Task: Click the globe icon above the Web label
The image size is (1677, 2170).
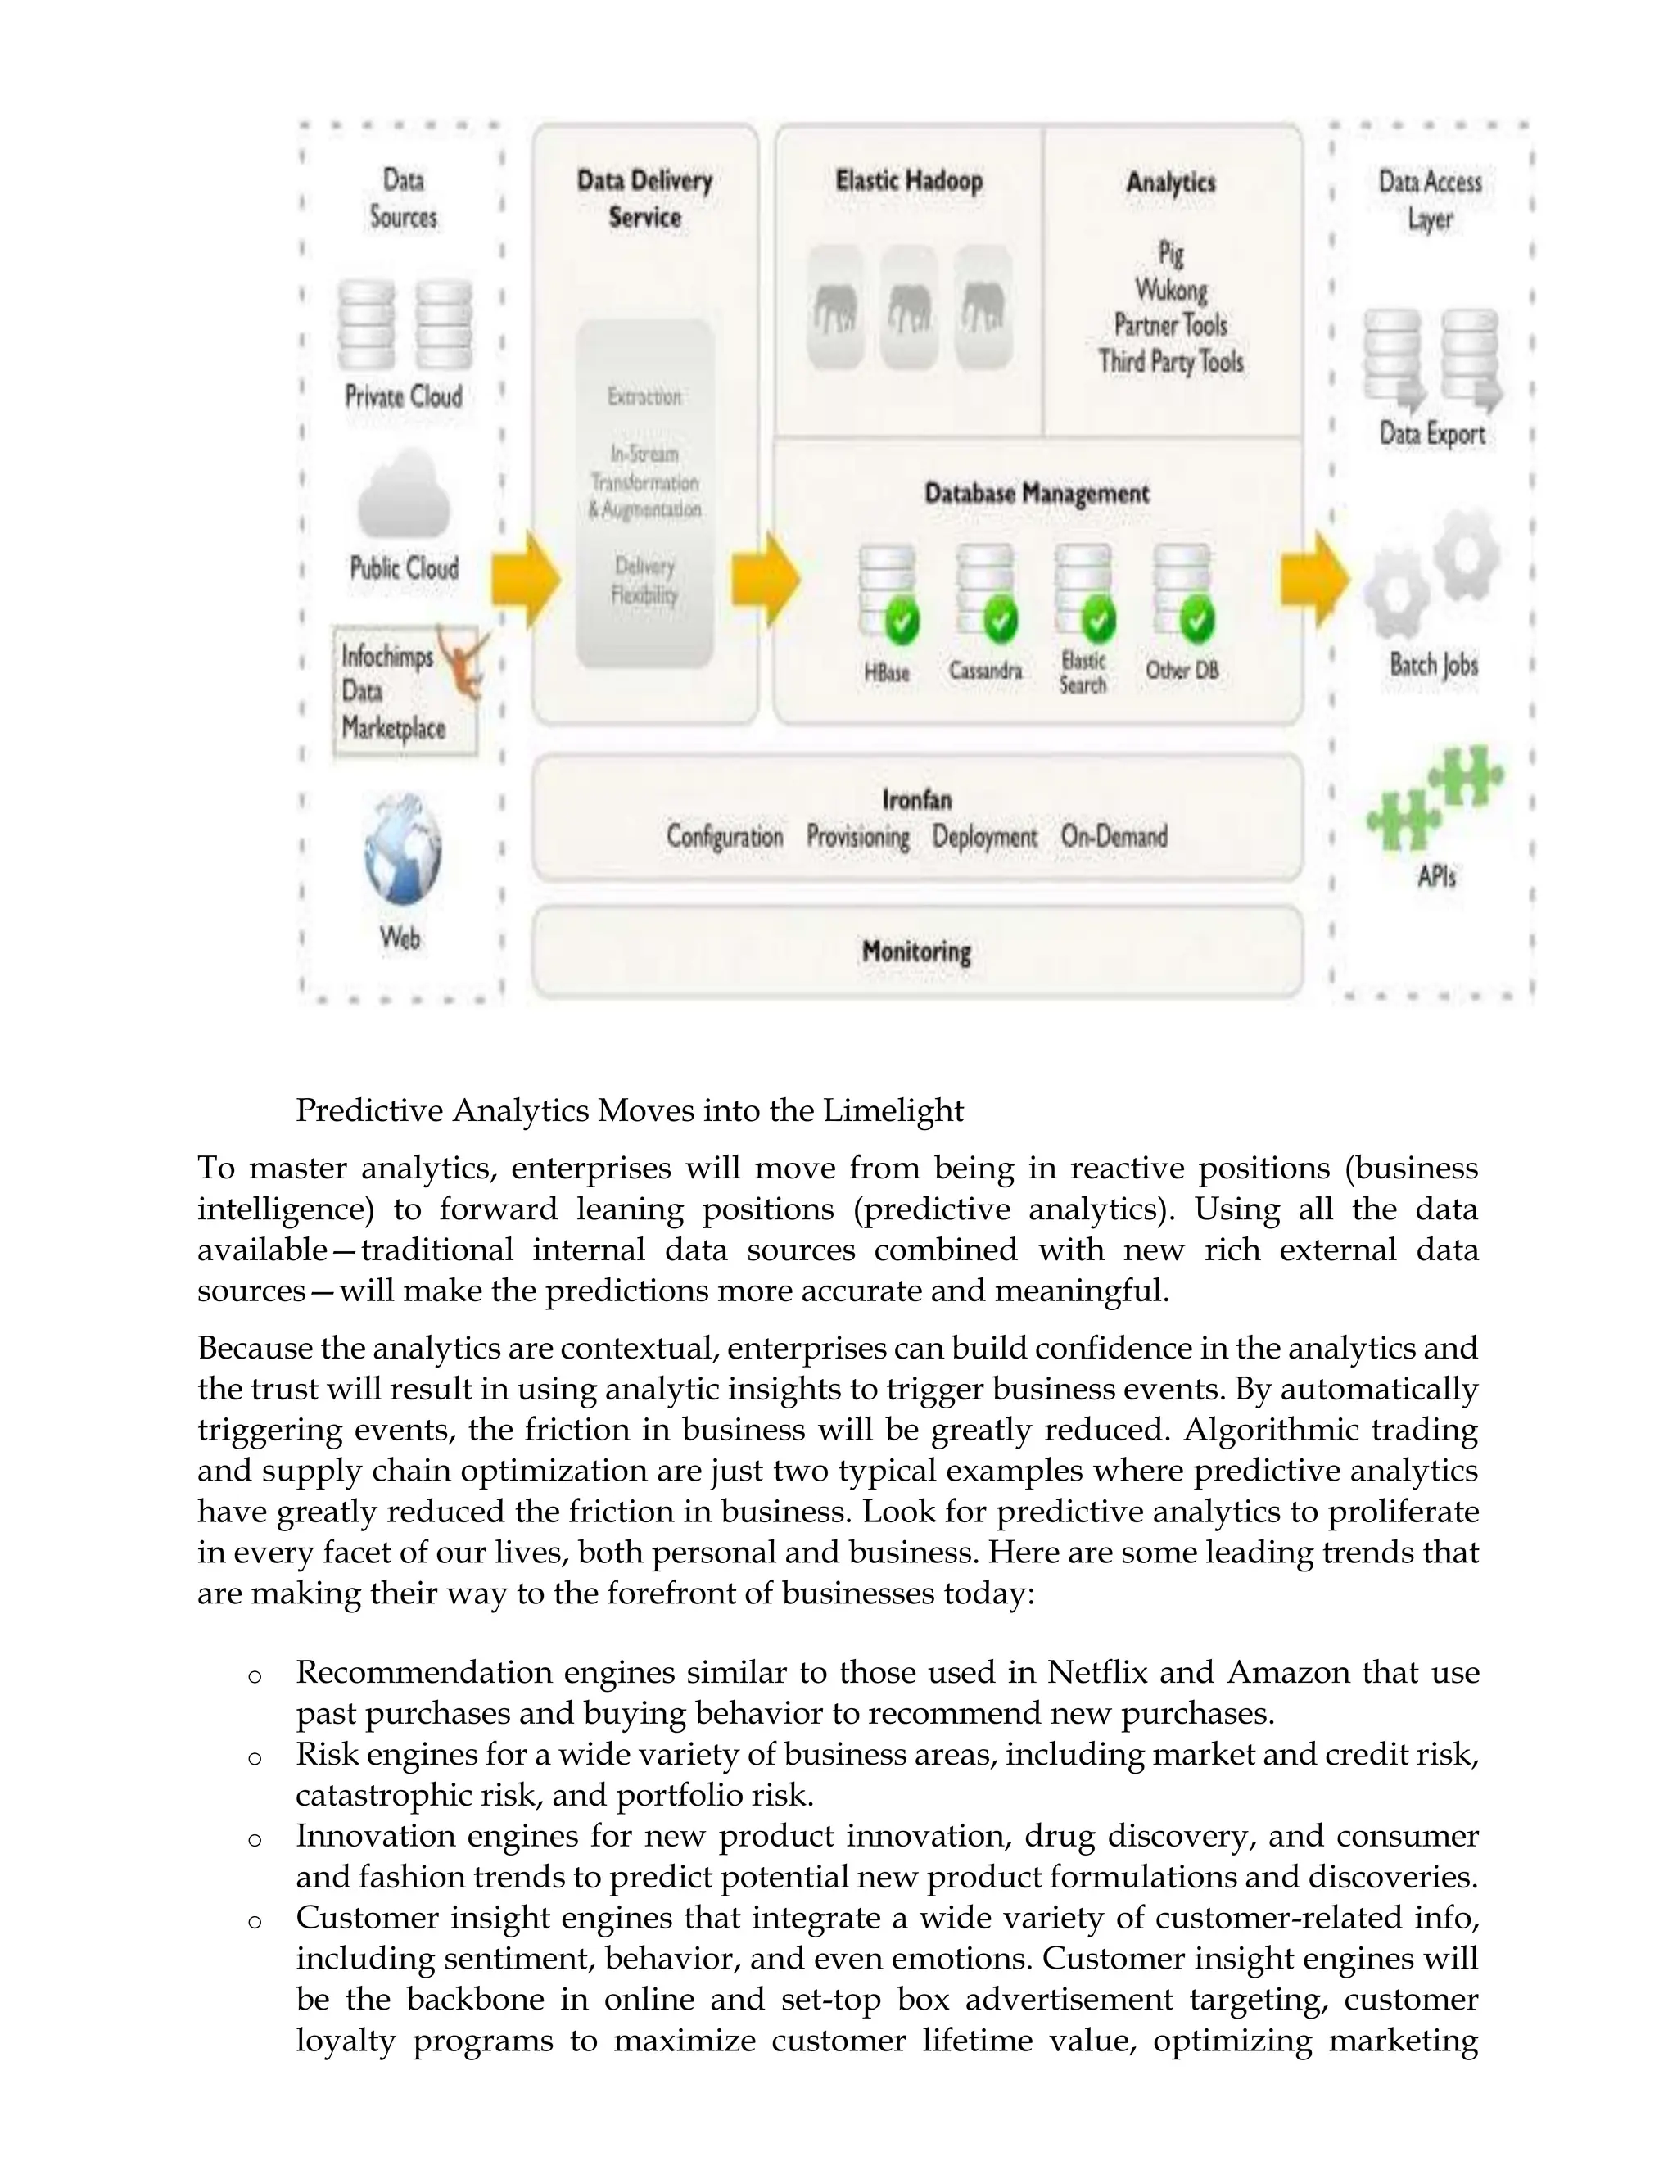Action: pyautogui.click(x=401, y=849)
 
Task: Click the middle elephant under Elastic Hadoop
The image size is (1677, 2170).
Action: pyautogui.click(x=908, y=308)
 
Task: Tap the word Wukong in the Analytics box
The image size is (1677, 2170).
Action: pyautogui.click(x=1170, y=290)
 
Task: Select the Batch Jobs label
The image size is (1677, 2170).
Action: pyautogui.click(x=1434, y=665)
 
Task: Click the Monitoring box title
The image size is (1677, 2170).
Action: pyautogui.click(x=916, y=952)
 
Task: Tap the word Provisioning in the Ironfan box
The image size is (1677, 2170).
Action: pyautogui.click(x=857, y=837)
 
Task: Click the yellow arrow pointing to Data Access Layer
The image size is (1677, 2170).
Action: pyautogui.click(x=1313, y=579)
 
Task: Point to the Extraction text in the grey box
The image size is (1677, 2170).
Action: pyautogui.click(x=644, y=397)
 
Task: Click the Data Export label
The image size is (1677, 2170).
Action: pyautogui.click(x=1431, y=434)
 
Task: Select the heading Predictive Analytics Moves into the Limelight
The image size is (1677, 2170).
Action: pyautogui.click(x=629, y=1110)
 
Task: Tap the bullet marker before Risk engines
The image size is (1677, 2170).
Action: pyautogui.click(x=255, y=1756)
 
